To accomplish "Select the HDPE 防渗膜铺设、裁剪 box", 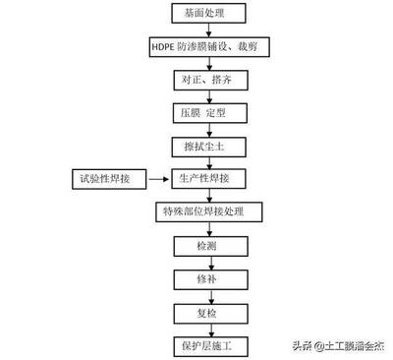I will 204,47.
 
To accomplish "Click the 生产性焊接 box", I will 204,178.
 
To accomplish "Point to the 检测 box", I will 204,245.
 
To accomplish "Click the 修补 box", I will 204,279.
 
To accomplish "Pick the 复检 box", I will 204,313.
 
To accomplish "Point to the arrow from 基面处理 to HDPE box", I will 204,30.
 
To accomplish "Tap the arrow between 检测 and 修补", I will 204,262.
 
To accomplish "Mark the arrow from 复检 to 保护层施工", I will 204,329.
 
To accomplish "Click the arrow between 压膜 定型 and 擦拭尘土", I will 204,129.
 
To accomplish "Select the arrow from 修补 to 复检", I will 204,296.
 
